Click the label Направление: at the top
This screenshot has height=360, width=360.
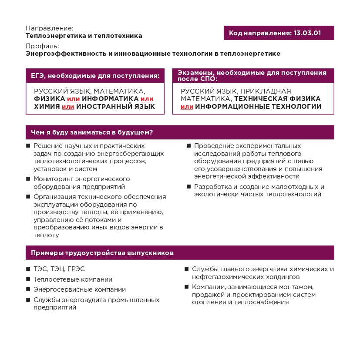(50, 28)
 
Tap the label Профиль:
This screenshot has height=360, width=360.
(42, 46)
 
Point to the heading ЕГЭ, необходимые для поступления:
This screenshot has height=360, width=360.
(95, 76)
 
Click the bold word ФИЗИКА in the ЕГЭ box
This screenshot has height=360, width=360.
(49, 99)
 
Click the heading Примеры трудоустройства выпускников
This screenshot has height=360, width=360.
(102, 252)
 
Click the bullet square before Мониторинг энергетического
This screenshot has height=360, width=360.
(28, 178)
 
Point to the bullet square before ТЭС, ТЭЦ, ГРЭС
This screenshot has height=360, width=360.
(28, 269)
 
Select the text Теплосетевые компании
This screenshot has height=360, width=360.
(73, 279)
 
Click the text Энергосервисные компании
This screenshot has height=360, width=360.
(80, 289)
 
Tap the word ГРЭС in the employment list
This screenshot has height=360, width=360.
(77, 269)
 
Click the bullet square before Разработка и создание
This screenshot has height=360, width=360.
(189, 187)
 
